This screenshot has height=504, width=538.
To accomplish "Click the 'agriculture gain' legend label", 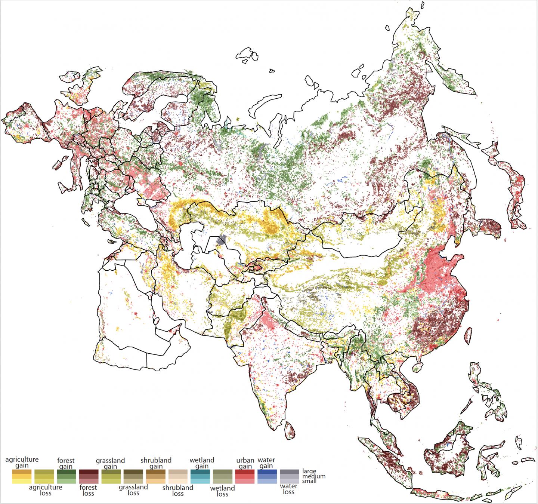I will (x=22, y=462).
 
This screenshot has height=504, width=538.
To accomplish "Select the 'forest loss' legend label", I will (x=89, y=490).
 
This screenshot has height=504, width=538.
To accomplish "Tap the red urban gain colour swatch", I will (x=245, y=476).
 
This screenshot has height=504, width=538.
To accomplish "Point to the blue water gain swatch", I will (x=267, y=476).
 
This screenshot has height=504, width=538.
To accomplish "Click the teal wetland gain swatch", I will (x=200, y=476).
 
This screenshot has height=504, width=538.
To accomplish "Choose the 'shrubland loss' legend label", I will (x=178, y=490).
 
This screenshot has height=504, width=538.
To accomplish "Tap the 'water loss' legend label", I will (x=289, y=489).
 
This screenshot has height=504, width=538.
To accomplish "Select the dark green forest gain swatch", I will (x=67, y=476).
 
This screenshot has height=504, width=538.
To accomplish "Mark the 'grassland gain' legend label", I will (x=111, y=464).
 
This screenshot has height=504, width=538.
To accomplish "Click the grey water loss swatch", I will (x=289, y=476).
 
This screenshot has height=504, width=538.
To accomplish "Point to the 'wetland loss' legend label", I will (x=222, y=491).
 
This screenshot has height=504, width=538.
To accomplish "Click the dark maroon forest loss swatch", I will (x=89, y=476).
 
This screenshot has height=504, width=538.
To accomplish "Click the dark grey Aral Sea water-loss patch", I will (x=222, y=240).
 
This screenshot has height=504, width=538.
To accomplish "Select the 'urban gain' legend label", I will (x=245, y=463).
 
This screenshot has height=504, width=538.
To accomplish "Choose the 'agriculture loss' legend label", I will (x=46, y=490).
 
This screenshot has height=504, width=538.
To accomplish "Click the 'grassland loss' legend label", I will (x=133, y=490).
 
